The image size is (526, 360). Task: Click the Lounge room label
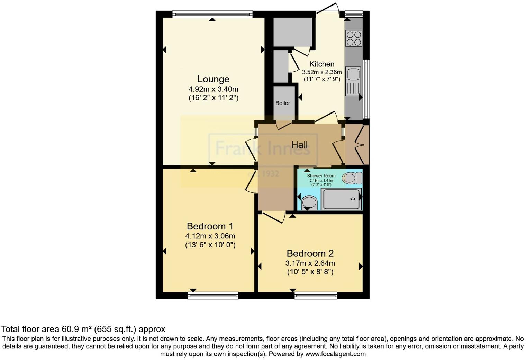[x=213, y=79]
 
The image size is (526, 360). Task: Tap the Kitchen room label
[x=322, y=64]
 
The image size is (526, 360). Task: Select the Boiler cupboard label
[x=283, y=103]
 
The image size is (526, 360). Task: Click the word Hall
[x=299, y=145]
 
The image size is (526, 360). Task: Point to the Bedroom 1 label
[x=210, y=226]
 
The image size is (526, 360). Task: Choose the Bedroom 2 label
[x=310, y=253]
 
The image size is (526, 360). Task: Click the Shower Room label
[x=321, y=176]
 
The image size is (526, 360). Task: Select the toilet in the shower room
[x=352, y=178]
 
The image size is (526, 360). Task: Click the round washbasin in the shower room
[x=309, y=203]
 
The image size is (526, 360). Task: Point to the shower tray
[x=341, y=199]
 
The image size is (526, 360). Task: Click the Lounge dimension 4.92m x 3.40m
[x=213, y=89]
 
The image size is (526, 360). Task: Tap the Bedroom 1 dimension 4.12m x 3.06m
[x=210, y=236]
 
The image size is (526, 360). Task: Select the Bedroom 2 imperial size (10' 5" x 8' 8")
[x=310, y=272]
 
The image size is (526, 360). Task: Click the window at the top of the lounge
[x=212, y=14]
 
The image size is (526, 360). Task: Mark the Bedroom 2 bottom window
[x=316, y=296]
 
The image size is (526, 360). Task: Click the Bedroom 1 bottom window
[x=213, y=296]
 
